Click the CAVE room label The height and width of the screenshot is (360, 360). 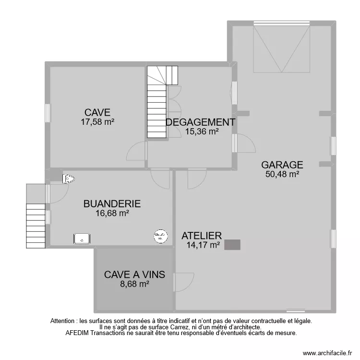tap(97, 113)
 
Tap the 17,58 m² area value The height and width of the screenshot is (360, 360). tap(97, 122)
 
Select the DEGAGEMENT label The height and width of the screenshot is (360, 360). tap(201, 122)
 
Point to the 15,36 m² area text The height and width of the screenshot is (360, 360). tap(202, 131)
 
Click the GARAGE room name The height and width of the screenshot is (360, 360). tap(282, 165)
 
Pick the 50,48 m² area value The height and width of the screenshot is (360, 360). tap(282, 174)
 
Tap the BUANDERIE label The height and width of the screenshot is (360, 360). tap(112, 204)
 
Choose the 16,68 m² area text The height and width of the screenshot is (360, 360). tap(112, 213)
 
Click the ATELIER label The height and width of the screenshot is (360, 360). tap(202, 236)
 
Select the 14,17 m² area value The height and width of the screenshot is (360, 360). tap(203, 245)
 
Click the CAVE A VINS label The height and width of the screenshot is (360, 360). tap(135, 275)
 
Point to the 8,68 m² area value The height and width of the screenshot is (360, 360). tap(135, 284)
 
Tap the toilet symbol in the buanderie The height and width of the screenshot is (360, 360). tap(69, 179)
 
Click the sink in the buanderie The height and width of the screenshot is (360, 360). tap(82, 238)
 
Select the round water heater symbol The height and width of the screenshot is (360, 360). tap(159, 235)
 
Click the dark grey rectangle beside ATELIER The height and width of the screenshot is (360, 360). tap(233, 245)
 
